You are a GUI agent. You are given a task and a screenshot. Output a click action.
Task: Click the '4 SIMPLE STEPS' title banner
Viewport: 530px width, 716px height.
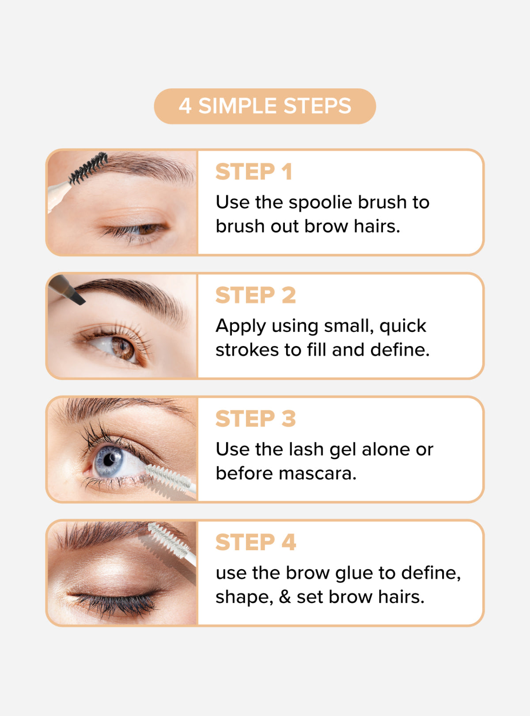(265, 106)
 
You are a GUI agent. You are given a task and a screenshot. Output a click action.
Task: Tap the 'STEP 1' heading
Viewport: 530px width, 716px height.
(254, 172)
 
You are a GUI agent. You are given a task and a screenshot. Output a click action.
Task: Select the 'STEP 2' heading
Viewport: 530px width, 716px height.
(255, 295)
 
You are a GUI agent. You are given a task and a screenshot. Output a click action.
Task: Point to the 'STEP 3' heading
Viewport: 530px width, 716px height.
(255, 419)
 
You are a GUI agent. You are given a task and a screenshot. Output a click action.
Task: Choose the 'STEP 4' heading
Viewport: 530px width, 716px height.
(255, 542)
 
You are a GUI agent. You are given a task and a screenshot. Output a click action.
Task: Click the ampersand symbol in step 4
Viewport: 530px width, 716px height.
(285, 597)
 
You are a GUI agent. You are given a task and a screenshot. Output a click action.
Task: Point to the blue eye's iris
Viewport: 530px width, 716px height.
(108, 461)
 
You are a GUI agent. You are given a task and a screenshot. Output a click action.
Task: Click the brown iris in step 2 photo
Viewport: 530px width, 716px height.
(123, 348)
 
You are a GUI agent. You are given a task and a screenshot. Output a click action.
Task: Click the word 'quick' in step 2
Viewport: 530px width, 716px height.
(403, 327)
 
